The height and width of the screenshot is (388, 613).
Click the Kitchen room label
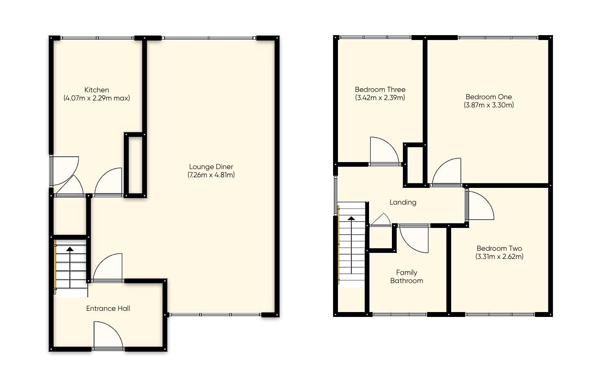click(96, 90)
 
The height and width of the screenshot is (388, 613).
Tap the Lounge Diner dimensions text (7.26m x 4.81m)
click(211, 175)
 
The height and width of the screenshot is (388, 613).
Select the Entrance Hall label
click(108, 308)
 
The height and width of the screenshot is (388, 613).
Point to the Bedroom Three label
click(380, 89)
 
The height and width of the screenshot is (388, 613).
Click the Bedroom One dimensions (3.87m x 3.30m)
click(489, 105)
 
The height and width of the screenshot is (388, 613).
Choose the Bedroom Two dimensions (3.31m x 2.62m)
click(499, 256)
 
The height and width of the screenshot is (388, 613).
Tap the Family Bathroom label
click(407, 277)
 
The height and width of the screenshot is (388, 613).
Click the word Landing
click(403, 202)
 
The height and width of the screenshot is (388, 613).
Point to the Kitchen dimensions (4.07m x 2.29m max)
click(96, 98)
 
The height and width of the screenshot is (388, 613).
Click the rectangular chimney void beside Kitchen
click(135, 165)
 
